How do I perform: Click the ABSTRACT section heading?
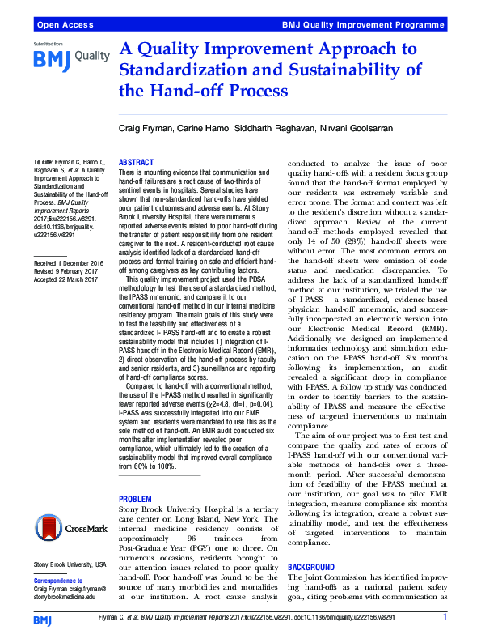[137, 162]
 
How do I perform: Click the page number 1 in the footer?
[445, 619]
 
